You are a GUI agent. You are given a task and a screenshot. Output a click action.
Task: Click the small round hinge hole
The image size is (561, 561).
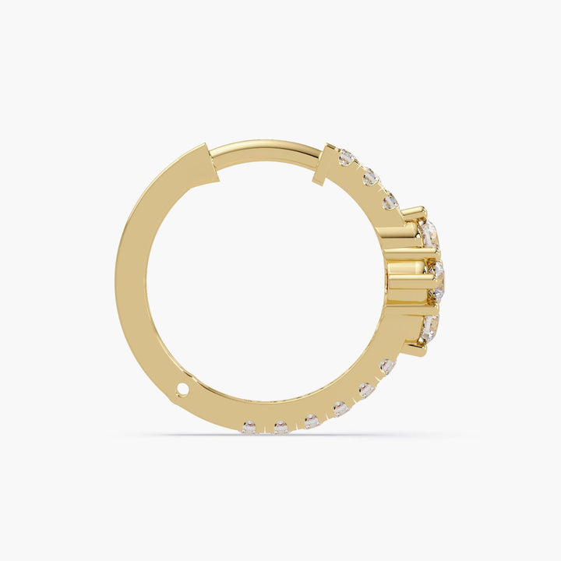coord(182,388)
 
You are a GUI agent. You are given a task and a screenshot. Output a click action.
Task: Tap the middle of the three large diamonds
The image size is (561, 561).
coord(436,280)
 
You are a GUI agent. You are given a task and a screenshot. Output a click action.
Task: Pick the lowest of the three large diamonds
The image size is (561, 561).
coord(429,326)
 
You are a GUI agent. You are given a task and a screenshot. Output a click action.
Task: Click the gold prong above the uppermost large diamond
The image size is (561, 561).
coord(414,211)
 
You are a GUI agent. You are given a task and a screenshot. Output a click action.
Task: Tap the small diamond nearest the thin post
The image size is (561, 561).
coord(346,158)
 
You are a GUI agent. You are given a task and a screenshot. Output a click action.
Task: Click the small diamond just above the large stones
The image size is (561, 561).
coord(390,202)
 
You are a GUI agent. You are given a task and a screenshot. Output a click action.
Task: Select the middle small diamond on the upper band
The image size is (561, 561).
coord(369,178)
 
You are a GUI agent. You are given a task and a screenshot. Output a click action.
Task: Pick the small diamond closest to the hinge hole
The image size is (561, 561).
coord(249,426)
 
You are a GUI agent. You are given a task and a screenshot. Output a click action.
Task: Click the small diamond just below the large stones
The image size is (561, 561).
coord(387,365)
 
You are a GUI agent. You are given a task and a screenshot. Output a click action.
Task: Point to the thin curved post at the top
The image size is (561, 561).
coord(265,149)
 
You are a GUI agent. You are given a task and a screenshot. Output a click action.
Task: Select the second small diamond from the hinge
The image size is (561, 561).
coord(280,427)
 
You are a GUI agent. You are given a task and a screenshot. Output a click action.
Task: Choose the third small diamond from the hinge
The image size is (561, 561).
coord(311,421)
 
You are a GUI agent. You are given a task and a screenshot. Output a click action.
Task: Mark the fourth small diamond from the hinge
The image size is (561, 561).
coord(340,408)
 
